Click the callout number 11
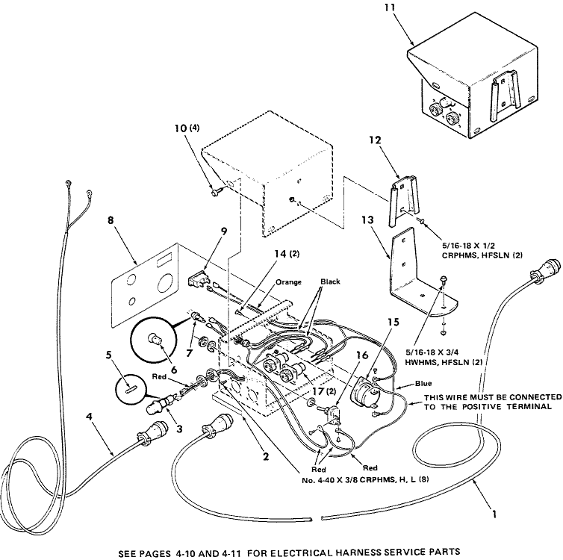[390, 7]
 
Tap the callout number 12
[375, 140]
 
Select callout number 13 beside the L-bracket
[367, 220]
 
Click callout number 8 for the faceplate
[111, 220]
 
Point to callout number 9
[224, 231]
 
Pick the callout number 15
[394, 322]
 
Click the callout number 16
[362, 355]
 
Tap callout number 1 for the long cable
[494, 514]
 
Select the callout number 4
[89, 417]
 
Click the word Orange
[288, 282]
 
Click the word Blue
[423, 383]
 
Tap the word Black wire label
[330, 281]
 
